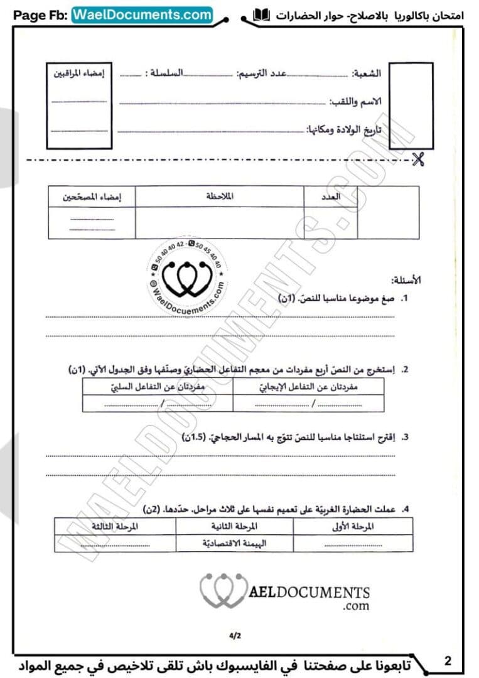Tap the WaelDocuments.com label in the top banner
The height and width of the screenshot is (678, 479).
[x=143, y=14]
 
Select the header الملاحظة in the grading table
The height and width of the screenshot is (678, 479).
[x=220, y=196]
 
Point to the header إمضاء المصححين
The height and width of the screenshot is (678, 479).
[x=92, y=197]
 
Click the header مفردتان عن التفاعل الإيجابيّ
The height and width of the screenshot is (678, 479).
[x=308, y=387]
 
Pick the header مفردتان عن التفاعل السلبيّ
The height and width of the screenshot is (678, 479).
[x=157, y=387]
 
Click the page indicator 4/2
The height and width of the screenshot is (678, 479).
[x=235, y=635]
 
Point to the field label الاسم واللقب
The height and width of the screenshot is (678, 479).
[x=355, y=101]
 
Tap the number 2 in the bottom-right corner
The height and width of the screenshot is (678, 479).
[x=448, y=660]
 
